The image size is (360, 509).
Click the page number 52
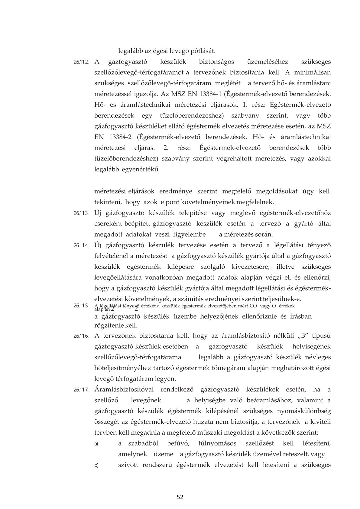point(180,497)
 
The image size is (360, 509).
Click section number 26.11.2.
point(81,62)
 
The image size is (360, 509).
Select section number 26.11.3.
point(81,213)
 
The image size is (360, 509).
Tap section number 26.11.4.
point(81,245)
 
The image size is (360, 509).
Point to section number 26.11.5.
point(81,306)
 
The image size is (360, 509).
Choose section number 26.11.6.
point(81,336)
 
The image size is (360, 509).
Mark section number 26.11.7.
point(81,390)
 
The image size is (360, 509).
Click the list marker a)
point(96,444)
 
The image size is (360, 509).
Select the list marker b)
point(96,465)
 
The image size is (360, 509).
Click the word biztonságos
point(217,62)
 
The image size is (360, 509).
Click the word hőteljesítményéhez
point(125,368)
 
